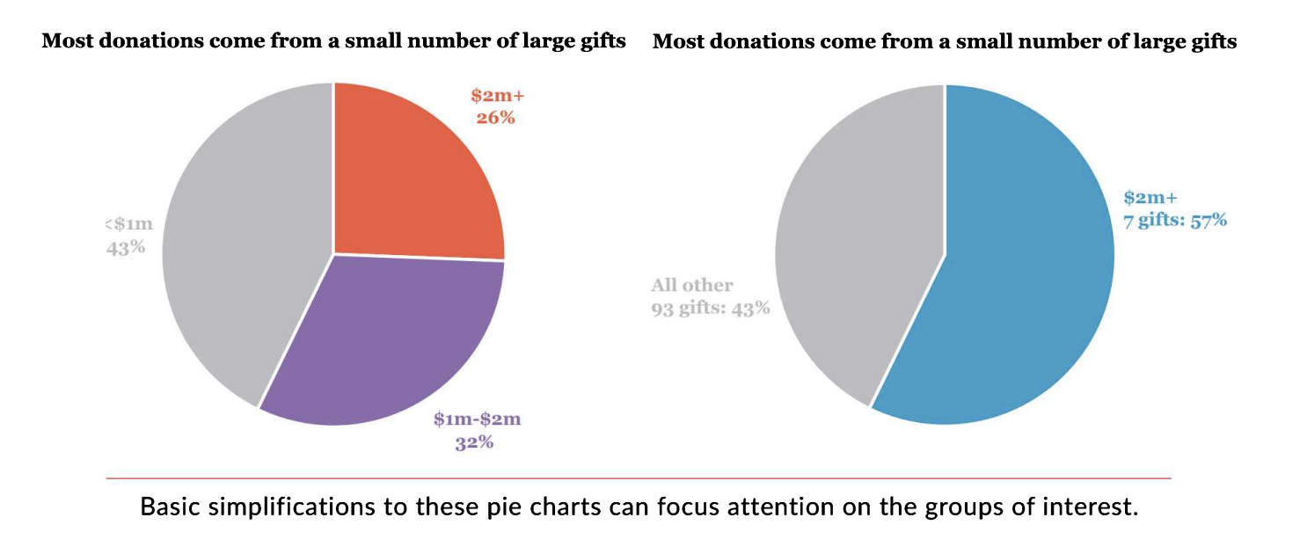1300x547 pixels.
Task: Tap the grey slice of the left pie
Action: click(237, 246)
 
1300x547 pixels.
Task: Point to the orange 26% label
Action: click(495, 116)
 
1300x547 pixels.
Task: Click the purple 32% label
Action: click(474, 441)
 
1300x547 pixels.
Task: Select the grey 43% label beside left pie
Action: click(126, 247)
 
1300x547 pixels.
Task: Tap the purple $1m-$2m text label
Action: click(477, 419)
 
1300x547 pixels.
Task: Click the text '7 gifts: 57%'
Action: click(1175, 220)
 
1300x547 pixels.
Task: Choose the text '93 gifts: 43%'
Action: click(711, 308)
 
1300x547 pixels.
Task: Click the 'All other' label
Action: click(691, 285)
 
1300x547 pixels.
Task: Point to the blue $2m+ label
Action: click(1143, 198)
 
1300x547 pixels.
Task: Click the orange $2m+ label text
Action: click(497, 95)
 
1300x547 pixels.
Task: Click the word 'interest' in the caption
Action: click(1097, 507)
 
